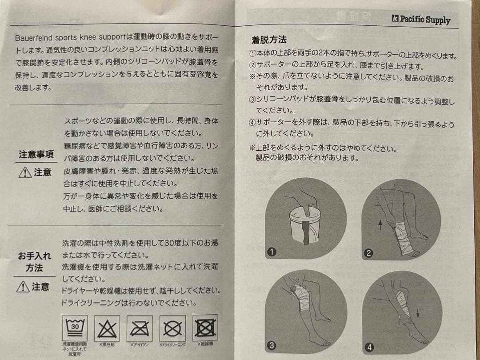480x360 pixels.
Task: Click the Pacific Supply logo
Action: click(x=421, y=19)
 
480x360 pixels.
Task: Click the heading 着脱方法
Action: click(x=269, y=41)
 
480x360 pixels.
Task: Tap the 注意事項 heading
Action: click(x=36, y=154)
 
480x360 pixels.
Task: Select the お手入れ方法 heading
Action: click(x=35, y=262)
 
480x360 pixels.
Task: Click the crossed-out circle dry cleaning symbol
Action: click(x=172, y=329)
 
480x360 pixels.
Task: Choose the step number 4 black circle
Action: click(x=368, y=347)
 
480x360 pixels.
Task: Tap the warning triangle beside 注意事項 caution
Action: click(x=24, y=172)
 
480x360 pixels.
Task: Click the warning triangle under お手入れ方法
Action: click(x=23, y=287)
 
